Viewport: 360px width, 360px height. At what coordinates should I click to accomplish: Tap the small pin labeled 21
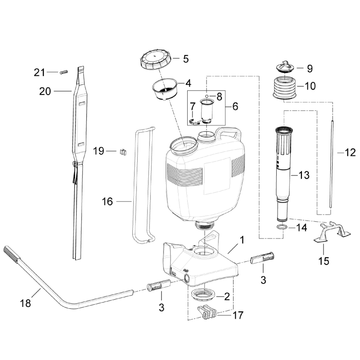point(63,72)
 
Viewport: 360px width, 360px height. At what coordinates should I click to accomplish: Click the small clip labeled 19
point(121,152)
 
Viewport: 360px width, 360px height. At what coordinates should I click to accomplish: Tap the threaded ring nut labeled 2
point(203,295)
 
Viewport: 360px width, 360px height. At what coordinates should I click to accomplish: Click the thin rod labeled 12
point(331,162)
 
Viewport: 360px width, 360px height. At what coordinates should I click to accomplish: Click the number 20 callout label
point(45,91)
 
